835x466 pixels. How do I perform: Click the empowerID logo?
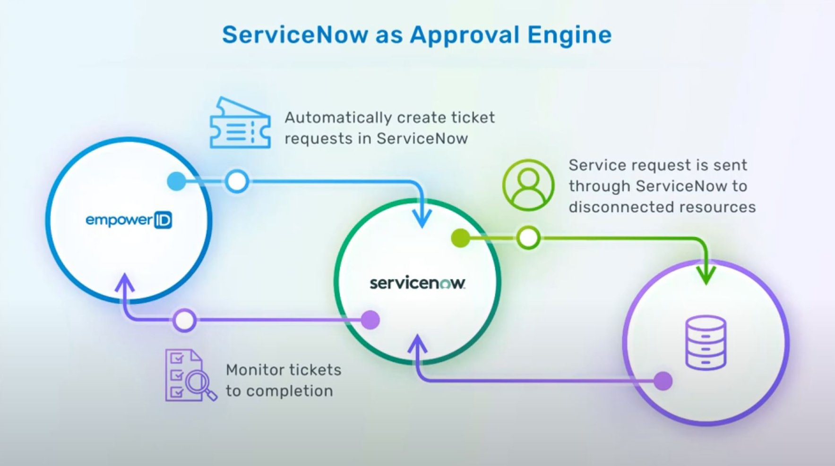click(x=129, y=220)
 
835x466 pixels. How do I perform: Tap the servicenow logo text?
click(x=417, y=283)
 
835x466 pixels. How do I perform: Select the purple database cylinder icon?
click(x=706, y=342)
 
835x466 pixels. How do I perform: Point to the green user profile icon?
click(x=528, y=185)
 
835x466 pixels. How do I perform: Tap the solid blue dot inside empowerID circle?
click(x=177, y=181)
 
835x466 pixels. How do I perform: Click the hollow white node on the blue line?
click(x=237, y=181)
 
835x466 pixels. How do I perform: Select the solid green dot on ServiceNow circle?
click(x=460, y=238)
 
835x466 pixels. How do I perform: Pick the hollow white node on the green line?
click(x=528, y=238)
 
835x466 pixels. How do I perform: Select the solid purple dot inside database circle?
click(x=663, y=381)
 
